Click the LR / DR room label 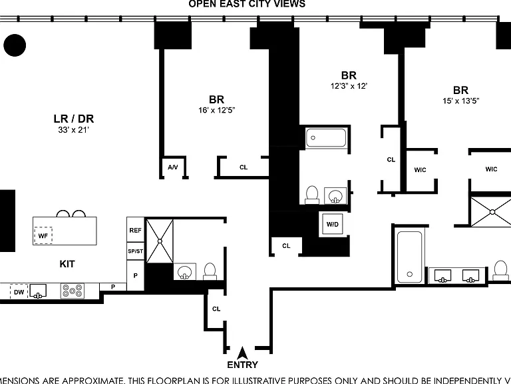[x=74, y=119]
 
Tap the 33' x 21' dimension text [x=74, y=130]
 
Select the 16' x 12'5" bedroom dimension [x=217, y=110]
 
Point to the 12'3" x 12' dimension [x=349, y=86]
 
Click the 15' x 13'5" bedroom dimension [x=461, y=101]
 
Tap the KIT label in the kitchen [x=67, y=264]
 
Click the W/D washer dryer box [x=333, y=224]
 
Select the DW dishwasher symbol [x=19, y=291]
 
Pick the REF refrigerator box [x=135, y=230]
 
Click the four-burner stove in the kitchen [x=73, y=291]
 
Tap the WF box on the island [x=43, y=235]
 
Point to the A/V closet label [x=173, y=167]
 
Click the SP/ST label [x=135, y=251]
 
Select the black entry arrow [x=242, y=353]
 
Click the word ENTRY [x=242, y=365]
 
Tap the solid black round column [x=15, y=45]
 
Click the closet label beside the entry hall [x=216, y=309]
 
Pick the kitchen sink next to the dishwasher [x=38, y=291]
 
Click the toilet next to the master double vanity [x=500, y=271]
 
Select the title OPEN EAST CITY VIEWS [x=247, y=4]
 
